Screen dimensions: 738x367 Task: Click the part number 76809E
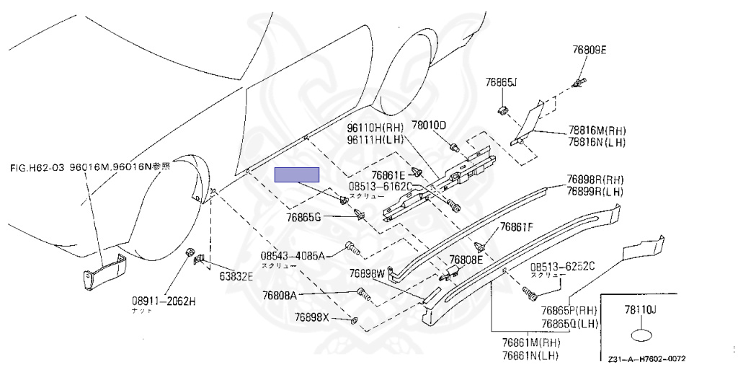coord(590,50)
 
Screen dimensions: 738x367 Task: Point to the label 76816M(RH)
coord(597,131)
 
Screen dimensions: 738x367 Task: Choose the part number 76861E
coord(389,174)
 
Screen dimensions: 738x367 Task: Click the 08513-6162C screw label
coord(381,186)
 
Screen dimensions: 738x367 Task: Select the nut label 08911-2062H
coord(163,301)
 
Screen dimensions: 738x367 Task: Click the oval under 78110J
coord(641,336)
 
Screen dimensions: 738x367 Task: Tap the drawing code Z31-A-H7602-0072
coord(646,358)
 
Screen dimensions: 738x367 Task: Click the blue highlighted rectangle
coord(298,174)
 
